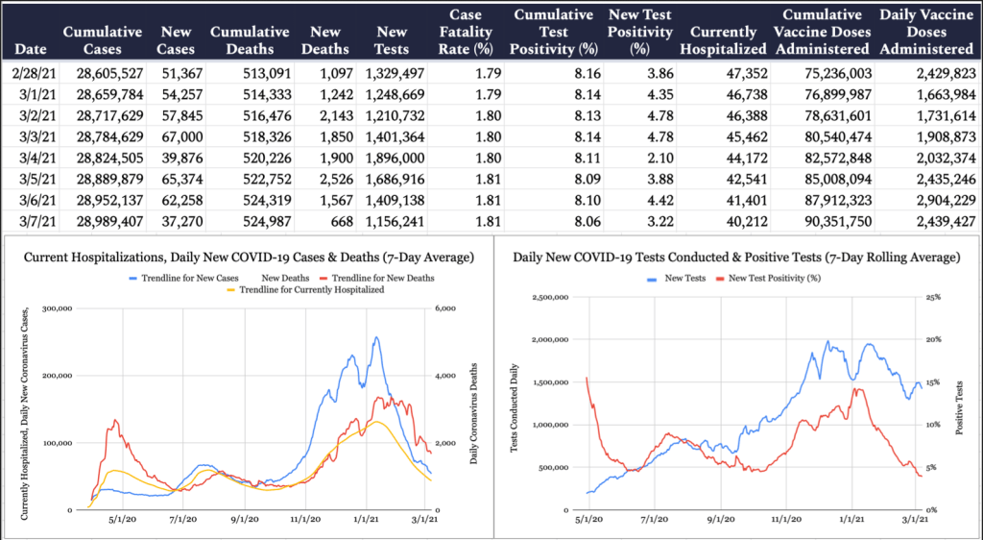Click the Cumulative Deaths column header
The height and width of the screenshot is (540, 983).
point(249,40)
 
